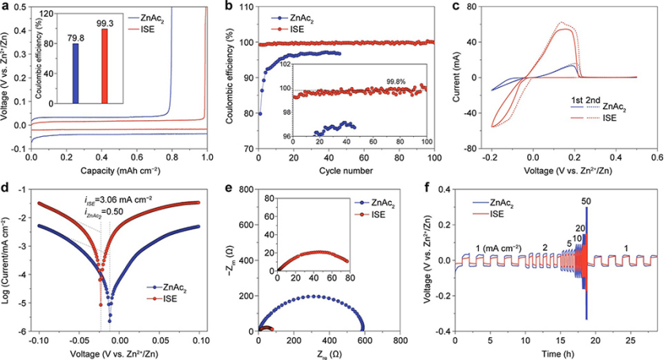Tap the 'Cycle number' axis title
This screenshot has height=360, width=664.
[x=343, y=169]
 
